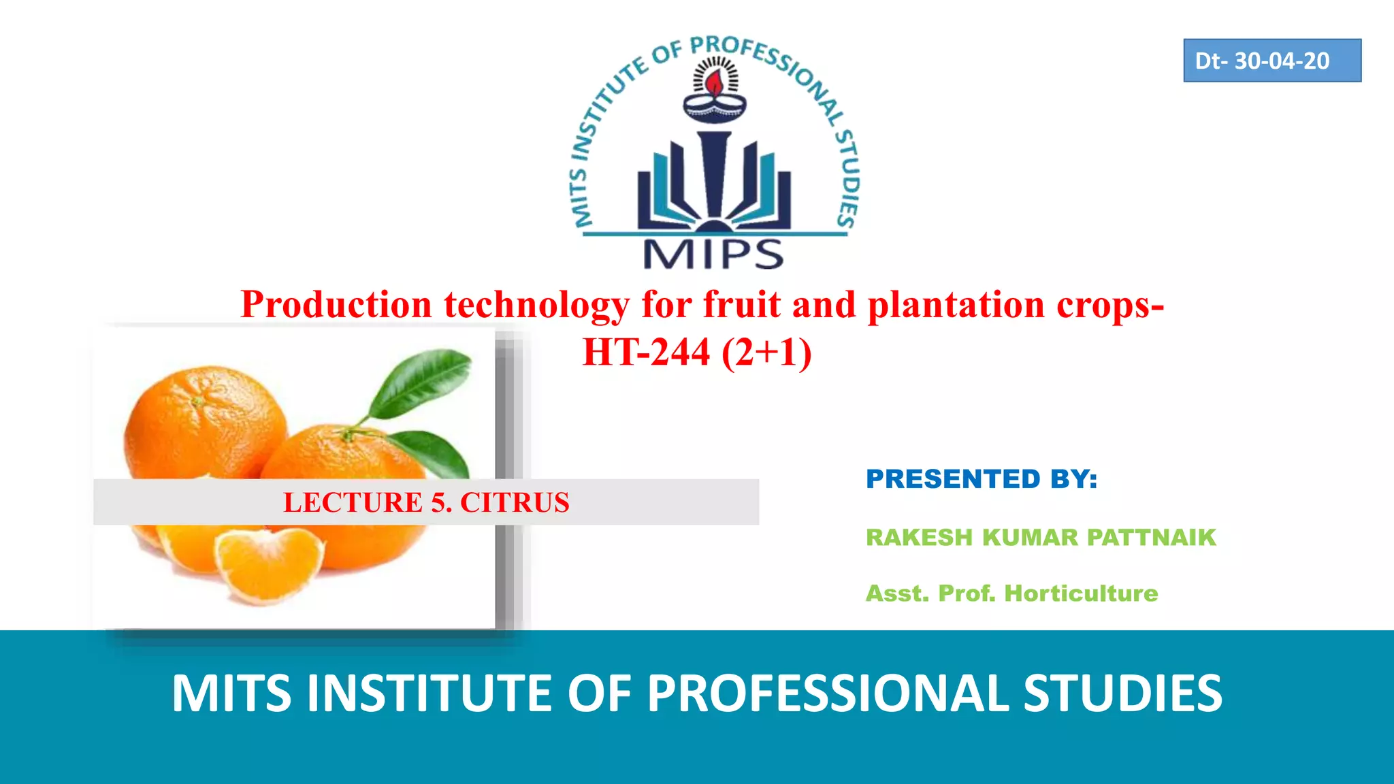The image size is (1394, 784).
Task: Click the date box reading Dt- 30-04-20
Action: (x=1271, y=61)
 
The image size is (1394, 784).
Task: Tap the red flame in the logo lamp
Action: (x=714, y=84)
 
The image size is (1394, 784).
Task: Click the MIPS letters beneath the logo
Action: (x=713, y=255)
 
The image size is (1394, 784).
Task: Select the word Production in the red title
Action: (x=336, y=304)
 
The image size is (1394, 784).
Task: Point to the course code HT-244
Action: (x=646, y=353)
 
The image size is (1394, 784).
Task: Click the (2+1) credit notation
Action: (x=766, y=353)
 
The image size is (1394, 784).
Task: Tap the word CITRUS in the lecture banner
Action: (x=515, y=502)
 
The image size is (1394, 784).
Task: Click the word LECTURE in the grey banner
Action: (x=353, y=502)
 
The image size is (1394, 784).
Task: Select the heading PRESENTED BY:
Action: (x=981, y=479)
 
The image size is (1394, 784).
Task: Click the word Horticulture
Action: (x=1081, y=593)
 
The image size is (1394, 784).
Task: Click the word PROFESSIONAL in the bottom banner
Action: (x=828, y=693)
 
